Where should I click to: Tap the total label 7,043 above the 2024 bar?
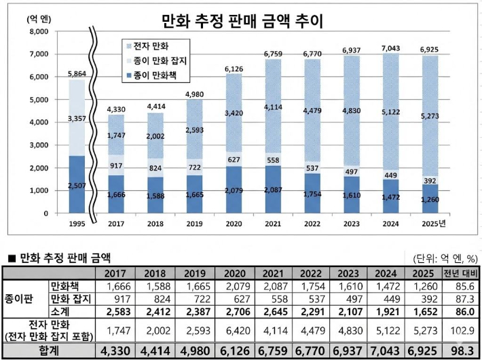tap(391, 48)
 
